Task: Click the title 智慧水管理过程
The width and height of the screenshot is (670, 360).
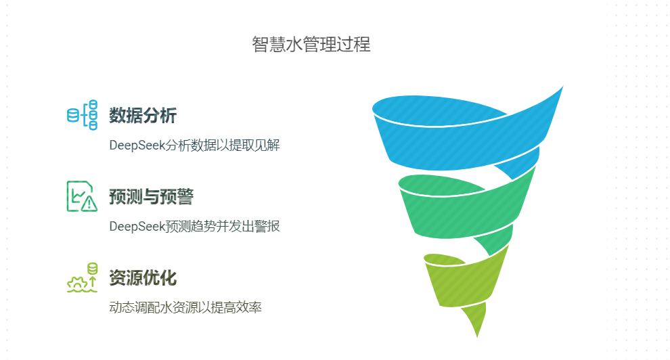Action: coord(311,45)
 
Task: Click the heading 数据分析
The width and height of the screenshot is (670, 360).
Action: coord(143,115)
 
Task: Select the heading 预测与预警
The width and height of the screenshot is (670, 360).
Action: coord(152,196)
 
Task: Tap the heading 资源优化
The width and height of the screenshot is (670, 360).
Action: coord(143,277)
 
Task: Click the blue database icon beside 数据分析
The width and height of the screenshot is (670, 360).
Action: coord(82,115)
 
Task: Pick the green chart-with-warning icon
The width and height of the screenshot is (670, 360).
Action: coord(82,196)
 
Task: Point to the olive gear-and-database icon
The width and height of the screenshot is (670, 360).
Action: coord(82,277)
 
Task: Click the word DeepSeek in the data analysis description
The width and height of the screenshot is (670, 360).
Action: coord(137,145)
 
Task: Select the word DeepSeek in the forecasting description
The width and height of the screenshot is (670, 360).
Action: coord(137,226)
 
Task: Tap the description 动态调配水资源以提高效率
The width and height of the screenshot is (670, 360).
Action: coord(185,307)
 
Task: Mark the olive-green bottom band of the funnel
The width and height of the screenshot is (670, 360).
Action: coord(464,282)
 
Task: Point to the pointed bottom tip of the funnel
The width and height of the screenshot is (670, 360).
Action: coord(477,337)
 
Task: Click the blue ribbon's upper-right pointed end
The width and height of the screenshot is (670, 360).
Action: coord(563,86)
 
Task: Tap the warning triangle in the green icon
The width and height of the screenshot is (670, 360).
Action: coord(89,204)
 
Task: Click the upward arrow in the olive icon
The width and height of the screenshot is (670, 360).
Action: coord(93,282)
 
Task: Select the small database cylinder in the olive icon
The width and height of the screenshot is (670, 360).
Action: coord(92,268)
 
